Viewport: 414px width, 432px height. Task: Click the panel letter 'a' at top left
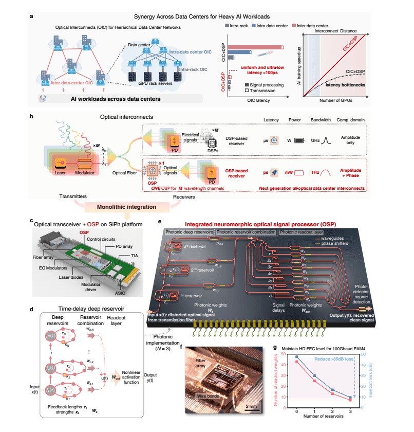(x=32, y=16)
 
